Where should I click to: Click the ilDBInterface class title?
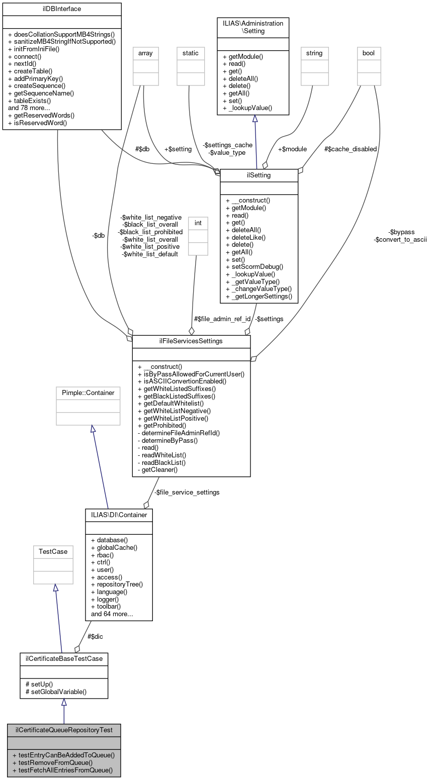(x=62, y=9)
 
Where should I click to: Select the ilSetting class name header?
(x=259, y=175)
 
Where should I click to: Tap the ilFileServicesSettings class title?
(x=191, y=341)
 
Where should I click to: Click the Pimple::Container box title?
(x=88, y=393)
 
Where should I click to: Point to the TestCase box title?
(x=53, y=551)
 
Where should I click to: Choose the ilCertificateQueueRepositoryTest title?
(x=64, y=730)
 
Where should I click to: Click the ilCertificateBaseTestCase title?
(x=64, y=658)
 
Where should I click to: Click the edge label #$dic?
(x=96, y=636)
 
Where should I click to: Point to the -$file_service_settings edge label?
(x=187, y=492)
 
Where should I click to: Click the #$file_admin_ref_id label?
(x=222, y=319)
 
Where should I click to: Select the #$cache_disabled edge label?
(x=350, y=149)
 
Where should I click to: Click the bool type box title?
(x=369, y=52)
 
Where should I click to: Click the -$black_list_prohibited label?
(x=150, y=232)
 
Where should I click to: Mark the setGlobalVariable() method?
(x=56, y=691)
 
